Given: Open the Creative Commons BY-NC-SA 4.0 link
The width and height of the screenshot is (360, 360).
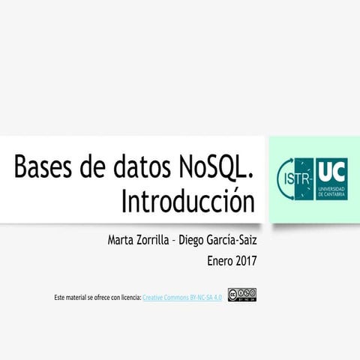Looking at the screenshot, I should (x=181, y=298).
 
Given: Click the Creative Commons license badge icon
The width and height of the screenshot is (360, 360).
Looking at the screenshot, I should (x=242, y=295).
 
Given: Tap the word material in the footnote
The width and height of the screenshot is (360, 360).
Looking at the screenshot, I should (x=78, y=298).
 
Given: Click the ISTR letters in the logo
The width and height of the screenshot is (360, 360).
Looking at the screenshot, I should (x=295, y=180).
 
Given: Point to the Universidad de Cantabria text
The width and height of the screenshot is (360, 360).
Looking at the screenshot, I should (x=331, y=190).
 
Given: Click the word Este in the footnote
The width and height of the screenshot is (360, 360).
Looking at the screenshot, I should (x=60, y=298).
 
